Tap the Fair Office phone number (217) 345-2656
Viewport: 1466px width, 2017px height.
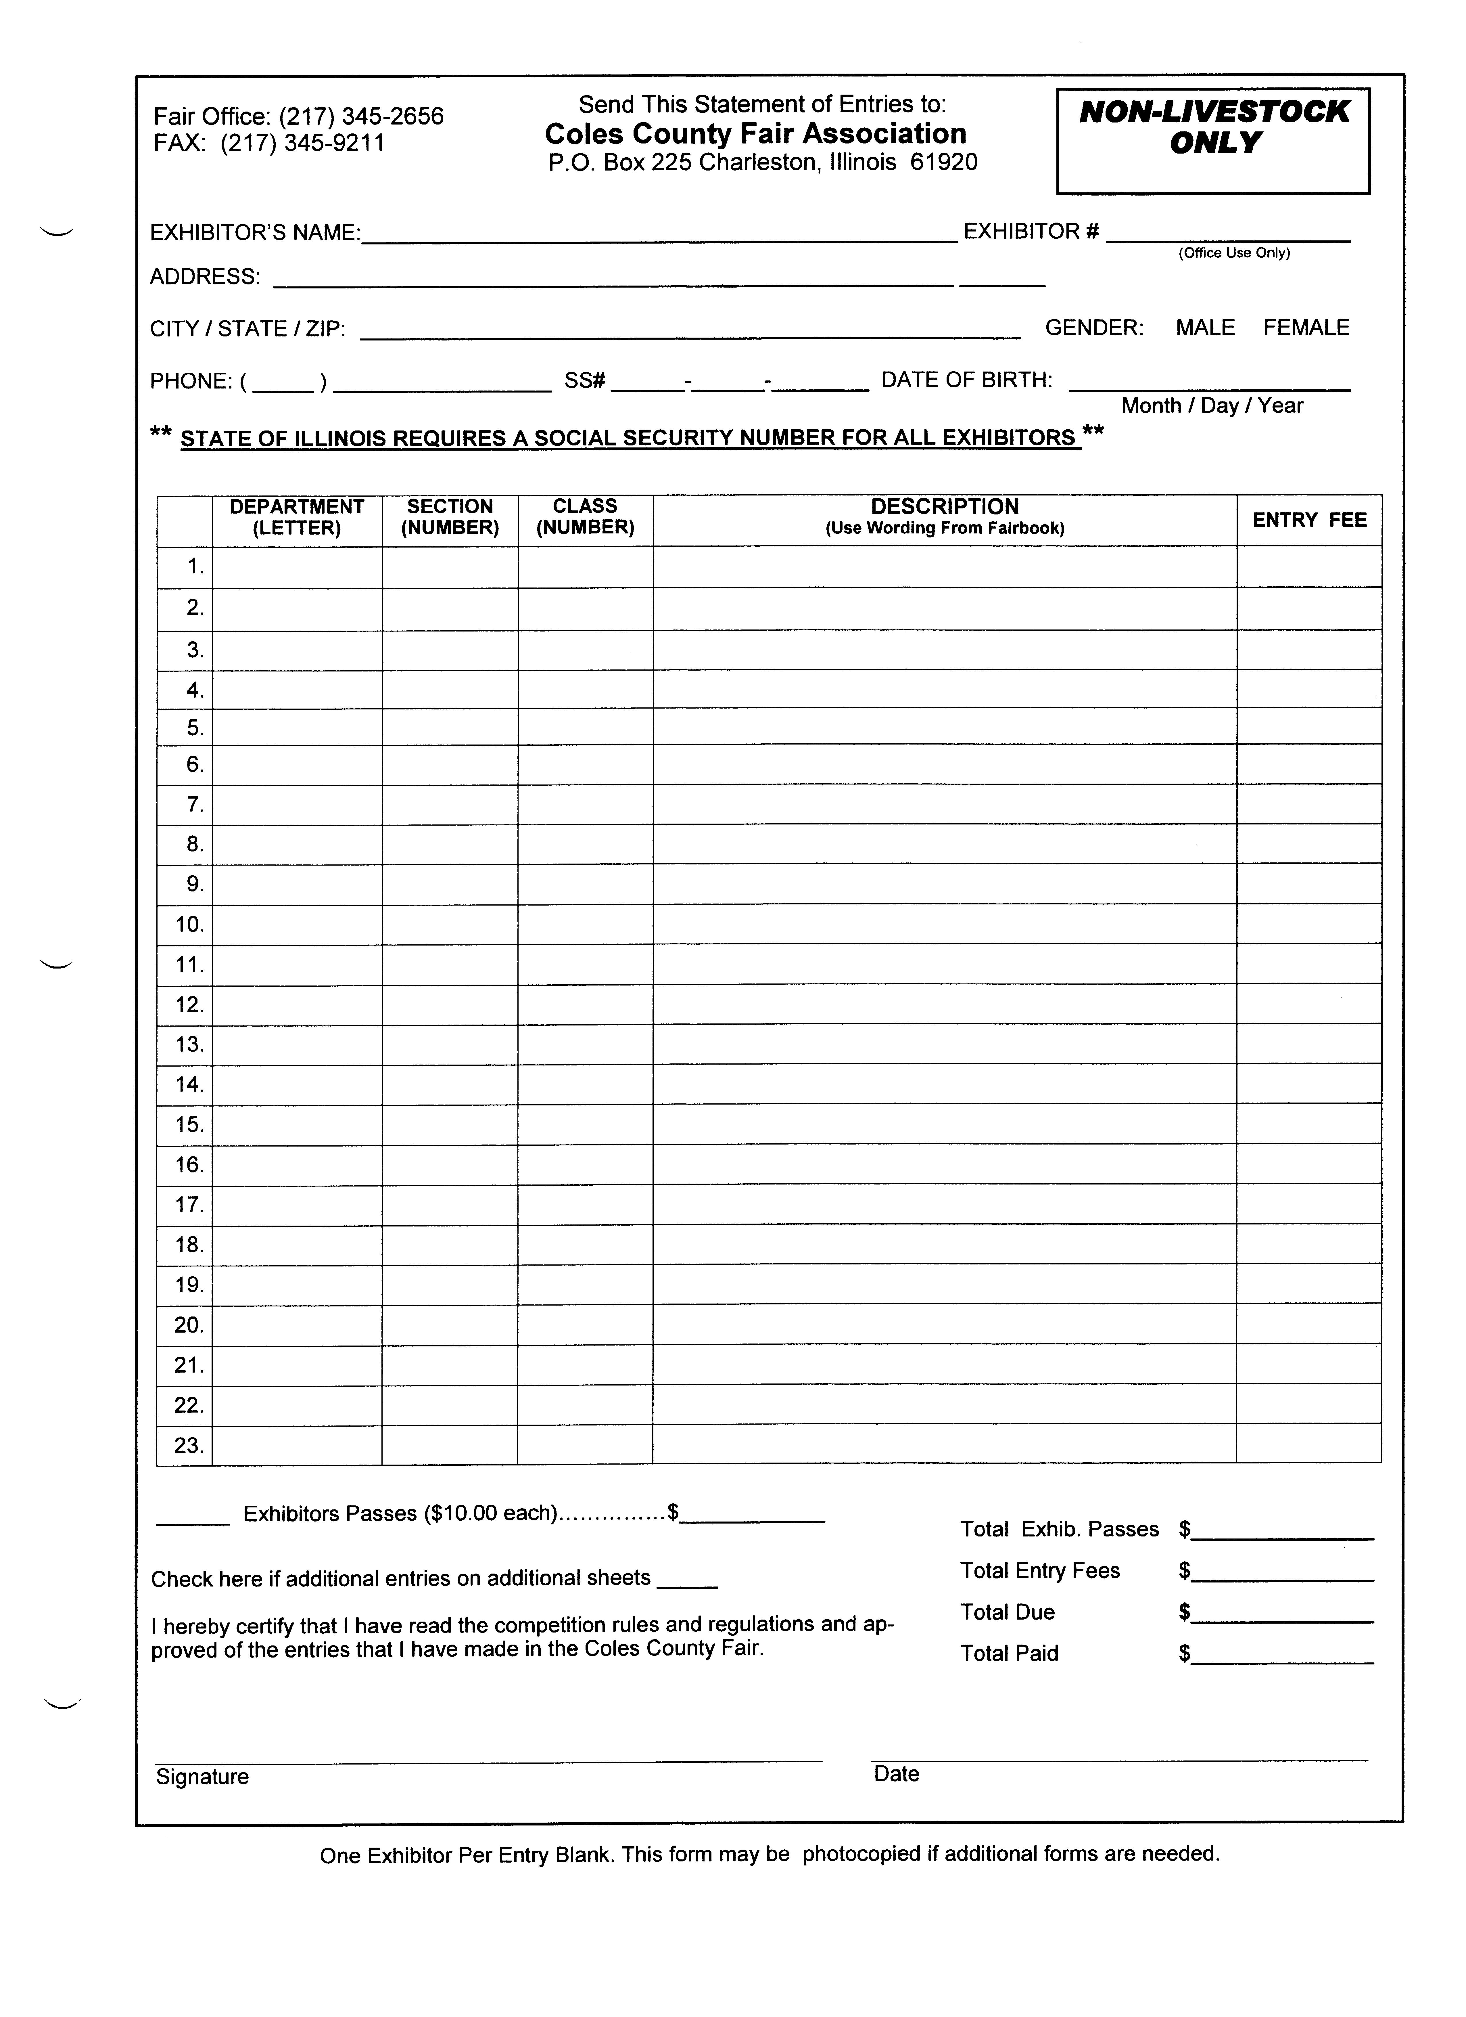pyautogui.click(x=361, y=116)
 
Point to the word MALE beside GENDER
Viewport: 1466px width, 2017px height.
pyautogui.click(x=1205, y=328)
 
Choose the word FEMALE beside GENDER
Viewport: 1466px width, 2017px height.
pyautogui.click(x=1305, y=328)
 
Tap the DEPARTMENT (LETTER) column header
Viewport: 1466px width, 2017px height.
pyautogui.click(x=297, y=518)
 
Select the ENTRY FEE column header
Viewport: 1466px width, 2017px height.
pyautogui.click(x=1309, y=520)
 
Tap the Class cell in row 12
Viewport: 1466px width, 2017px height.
pyautogui.click(x=585, y=1005)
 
